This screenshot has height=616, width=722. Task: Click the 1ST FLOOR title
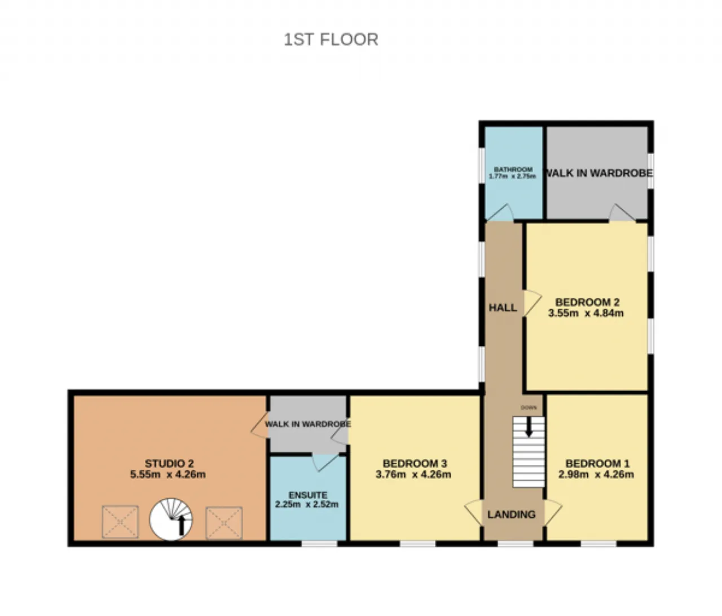pyautogui.click(x=331, y=39)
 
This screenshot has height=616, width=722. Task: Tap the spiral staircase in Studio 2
pyautogui.click(x=171, y=519)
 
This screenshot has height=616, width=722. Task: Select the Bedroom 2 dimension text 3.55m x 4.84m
pyautogui.click(x=585, y=313)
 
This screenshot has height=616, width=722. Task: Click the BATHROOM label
pyautogui.click(x=513, y=169)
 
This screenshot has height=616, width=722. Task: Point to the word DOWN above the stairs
pyautogui.click(x=529, y=407)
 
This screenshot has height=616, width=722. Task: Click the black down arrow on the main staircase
pyautogui.click(x=529, y=426)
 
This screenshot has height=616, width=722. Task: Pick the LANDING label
pyautogui.click(x=512, y=514)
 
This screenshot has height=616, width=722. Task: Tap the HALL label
pyautogui.click(x=503, y=307)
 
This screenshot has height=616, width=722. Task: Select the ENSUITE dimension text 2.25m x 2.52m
pyautogui.click(x=307, y=504)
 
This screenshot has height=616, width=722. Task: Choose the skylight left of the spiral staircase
pyautogui.click(x=120, y=522)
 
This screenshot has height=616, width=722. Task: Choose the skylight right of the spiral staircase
pyautogui.click(x=224, y=523)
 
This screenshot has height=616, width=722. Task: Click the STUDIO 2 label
pyautogui.click(x=169, y=464)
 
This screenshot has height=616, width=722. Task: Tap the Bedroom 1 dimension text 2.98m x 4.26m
pyautogui.click(x=596, y=474)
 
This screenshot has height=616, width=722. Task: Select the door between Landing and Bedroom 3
pyautogui.click(x=474, y=513)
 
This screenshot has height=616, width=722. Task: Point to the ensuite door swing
pyautogui.click(x=325, y=462)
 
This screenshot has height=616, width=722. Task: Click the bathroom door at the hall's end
pyautogui.click(x=500, y=213)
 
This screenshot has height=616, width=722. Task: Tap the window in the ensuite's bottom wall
pyautogui.click(x=319, y=544)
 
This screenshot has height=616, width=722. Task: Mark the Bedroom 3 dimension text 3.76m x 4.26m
pyautogui.click(x=413, y=474)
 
